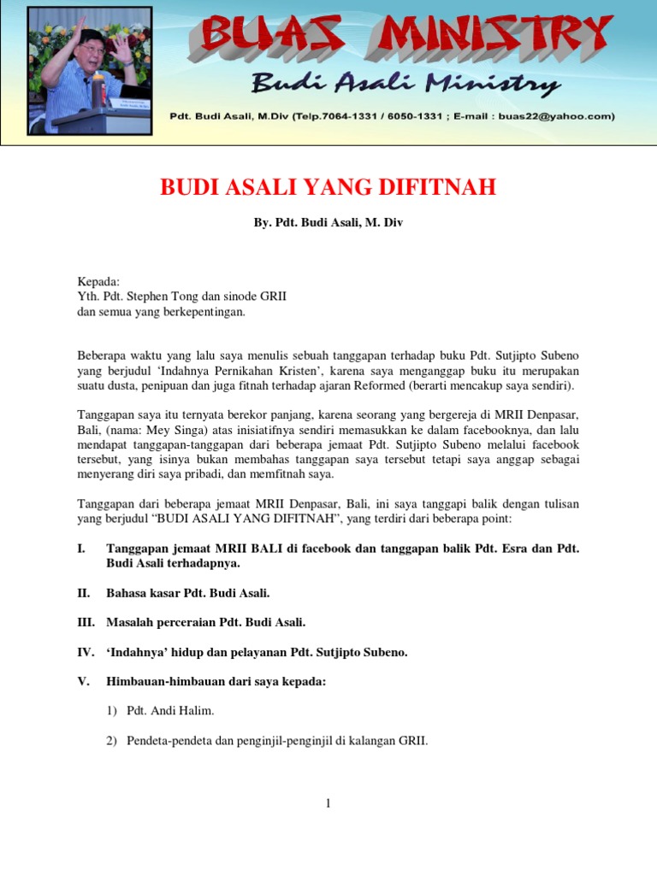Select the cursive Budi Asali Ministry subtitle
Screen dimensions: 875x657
pos(405,83)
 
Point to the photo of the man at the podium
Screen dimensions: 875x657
pos(90,71)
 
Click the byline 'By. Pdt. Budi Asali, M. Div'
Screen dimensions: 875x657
pos(328,222)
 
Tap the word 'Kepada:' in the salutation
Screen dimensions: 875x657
pos(99,281)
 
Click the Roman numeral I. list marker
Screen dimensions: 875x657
pos(81,548)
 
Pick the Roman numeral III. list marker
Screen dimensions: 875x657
pos(86,622)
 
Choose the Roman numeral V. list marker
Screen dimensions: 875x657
pos(83,682)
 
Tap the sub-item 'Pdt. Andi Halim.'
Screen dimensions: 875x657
pos(169,711)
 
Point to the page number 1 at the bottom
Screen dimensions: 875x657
pos(328,803)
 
